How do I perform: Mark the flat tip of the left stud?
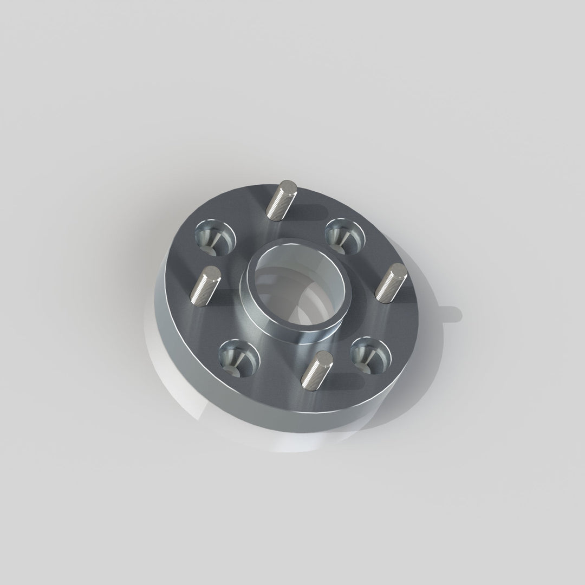[x=212, y=272]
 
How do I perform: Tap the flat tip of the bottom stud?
[x=324, y=357]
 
